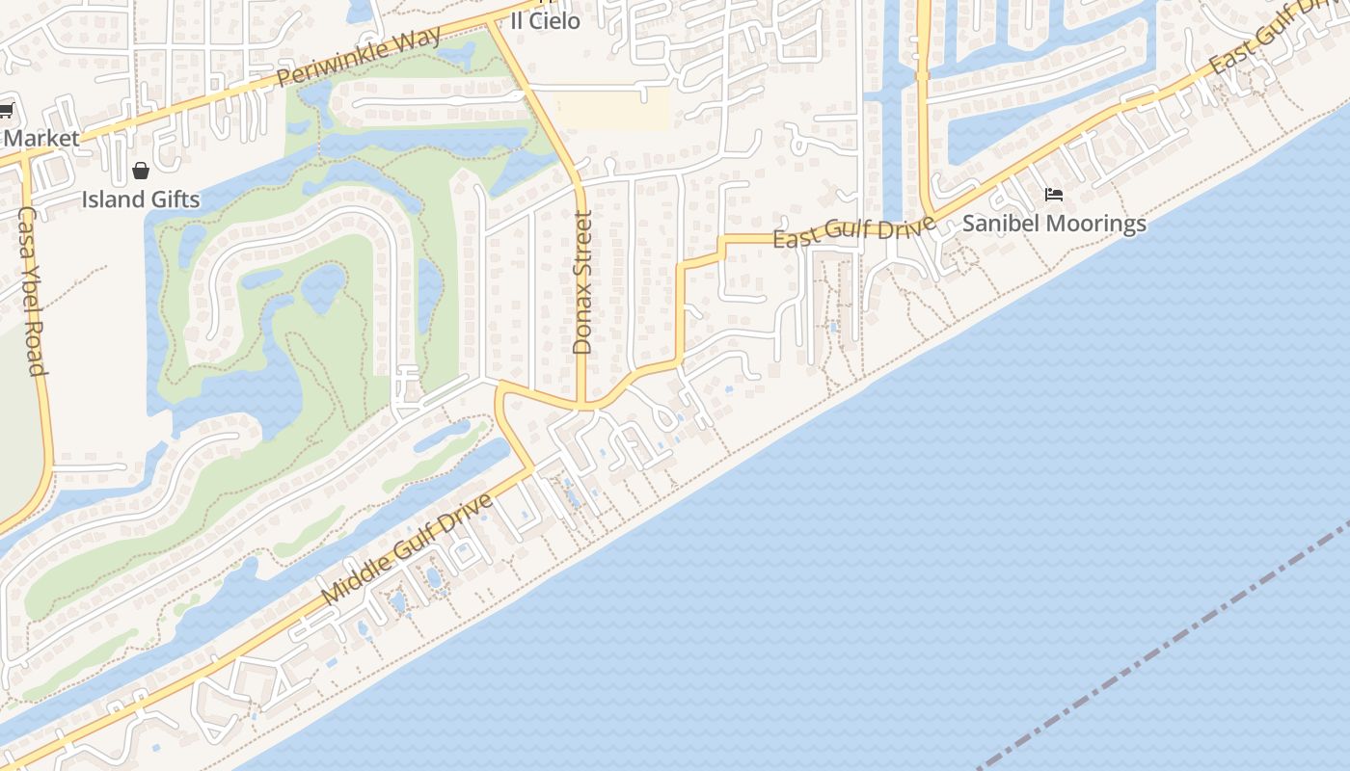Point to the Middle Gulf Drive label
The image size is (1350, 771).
click(407, 549)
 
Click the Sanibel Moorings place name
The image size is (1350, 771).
click(1054, 224)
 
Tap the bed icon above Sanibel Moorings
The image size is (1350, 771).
click(1054, 196)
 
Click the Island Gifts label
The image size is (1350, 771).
click(141, 199)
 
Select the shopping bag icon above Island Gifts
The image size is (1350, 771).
click(141, 172)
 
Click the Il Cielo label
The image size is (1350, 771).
click(546, 20)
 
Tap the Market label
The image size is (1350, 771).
click(40, 138)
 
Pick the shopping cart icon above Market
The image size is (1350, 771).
click(6, 111)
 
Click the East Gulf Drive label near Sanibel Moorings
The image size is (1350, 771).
click(854, 232)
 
